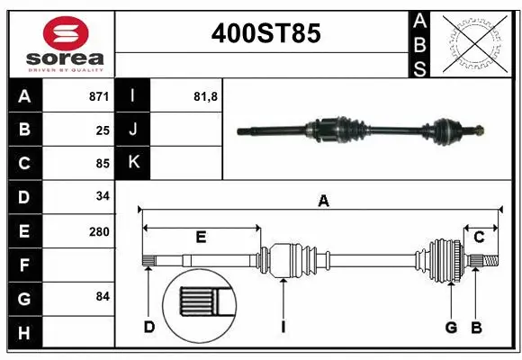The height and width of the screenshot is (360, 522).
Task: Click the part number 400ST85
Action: tap(265, 33)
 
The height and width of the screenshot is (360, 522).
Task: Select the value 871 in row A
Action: tap(98, 95)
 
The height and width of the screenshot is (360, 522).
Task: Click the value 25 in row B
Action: tap(103, 130)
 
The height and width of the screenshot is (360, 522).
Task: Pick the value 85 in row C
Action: tap(103, 164)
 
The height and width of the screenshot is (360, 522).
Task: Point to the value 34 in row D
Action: tap(103, 196)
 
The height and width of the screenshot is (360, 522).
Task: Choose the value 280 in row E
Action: tap(99, 231)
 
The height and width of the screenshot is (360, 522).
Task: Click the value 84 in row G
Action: tap(103, 296)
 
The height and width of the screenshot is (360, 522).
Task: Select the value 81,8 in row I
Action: tap(206, 95)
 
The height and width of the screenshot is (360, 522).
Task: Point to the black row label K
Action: tap(132, 163)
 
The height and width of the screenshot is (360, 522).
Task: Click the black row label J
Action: tap(132, 129)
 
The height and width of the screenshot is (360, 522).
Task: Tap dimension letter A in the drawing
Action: tap(323, 202)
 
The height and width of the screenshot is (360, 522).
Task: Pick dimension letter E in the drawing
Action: tap(201, 237)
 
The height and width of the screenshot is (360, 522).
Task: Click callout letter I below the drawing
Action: tap(283, 327)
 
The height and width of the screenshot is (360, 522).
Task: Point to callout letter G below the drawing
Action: tap(451, 327)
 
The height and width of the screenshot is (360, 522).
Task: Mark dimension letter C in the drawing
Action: tap(480, 237)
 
